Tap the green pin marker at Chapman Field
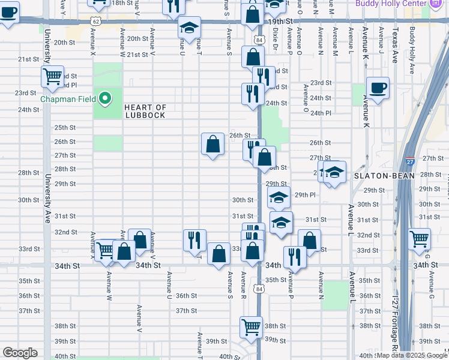[x=106, y=98]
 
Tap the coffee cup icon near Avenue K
[x=378, y=88]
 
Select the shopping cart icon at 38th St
[x=251, y=327]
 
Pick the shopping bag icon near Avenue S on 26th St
[x=212, y=144]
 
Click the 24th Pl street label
[x=320, y=112]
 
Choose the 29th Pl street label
[x=305, y=194]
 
